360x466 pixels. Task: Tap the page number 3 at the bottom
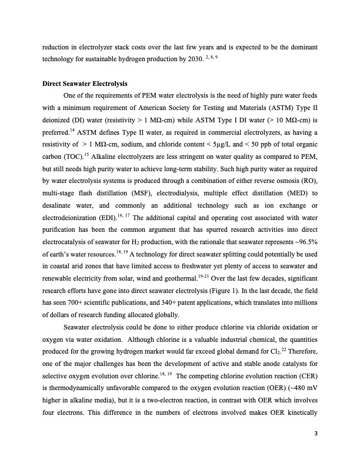tap(316, 434)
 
